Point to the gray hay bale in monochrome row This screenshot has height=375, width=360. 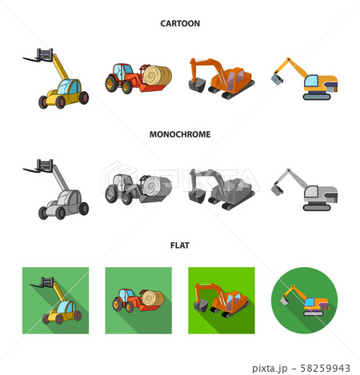tap(155, 189)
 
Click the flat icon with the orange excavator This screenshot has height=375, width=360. tap(221, 302)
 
